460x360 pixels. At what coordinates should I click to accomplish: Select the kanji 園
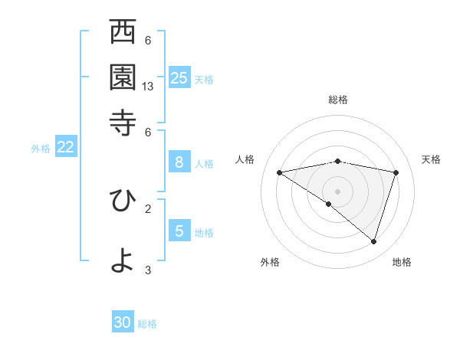click(123, 77)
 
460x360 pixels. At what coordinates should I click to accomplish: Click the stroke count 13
click(148, 87)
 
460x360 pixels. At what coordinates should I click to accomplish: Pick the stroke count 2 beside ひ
click(148, 208)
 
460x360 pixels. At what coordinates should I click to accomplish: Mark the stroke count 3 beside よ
click(148, 270)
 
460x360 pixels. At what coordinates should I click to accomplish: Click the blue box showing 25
click(179, 78)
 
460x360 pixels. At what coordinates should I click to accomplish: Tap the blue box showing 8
click(179, 162)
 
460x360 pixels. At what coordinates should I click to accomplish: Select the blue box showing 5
click(179, 231)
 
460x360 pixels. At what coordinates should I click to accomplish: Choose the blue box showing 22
click(65, 148)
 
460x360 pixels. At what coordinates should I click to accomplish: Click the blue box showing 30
click(123, 322)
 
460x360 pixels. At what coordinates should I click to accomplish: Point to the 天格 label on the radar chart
click(431, 159)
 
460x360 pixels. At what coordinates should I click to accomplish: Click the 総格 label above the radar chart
click(338, 100)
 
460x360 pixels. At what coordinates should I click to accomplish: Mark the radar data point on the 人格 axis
click(280, 172)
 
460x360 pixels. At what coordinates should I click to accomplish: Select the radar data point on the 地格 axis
click(373, 241)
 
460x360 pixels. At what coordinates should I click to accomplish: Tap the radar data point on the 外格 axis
click(329, 204)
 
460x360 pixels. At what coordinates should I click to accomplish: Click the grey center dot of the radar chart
click(337, 191)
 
